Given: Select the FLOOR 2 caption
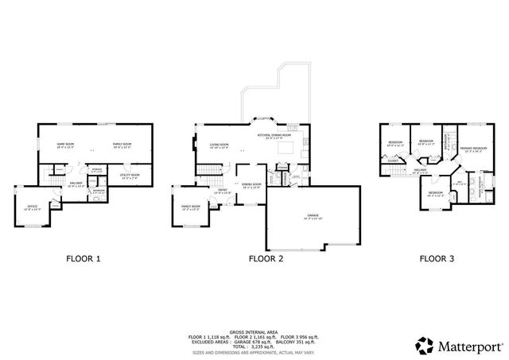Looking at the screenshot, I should coord(265,258).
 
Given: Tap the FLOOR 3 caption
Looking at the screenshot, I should coord(437,258).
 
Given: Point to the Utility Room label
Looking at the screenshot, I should coord(130,176).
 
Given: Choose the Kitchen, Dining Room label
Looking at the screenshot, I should coord(274,136).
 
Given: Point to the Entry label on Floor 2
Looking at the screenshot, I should coord(223,190).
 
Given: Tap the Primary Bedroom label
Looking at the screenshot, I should coord(472,149).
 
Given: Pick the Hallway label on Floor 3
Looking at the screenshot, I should coord(420,169).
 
